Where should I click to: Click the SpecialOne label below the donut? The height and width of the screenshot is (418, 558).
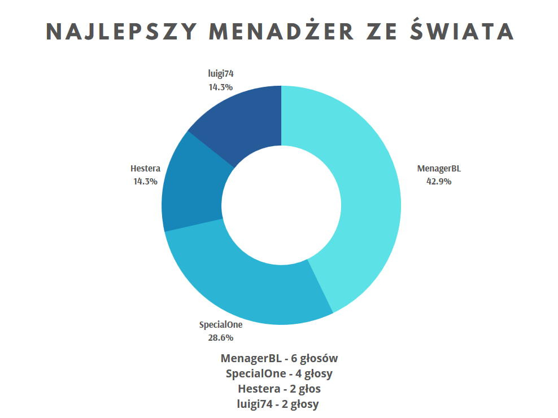tap(220, 325)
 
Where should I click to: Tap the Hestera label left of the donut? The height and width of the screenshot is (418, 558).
tap(145, 168)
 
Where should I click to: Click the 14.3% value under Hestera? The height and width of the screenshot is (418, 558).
tap(145, 181)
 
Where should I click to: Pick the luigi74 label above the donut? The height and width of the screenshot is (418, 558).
tap(220, 74)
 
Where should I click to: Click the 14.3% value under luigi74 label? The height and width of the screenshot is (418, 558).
tap(220, 87)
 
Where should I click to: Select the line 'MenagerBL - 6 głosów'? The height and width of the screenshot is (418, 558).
tap(279, 358)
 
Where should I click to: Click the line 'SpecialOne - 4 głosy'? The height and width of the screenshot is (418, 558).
tap(279, 373)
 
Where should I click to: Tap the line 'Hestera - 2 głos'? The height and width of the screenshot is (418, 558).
tap(279, 389)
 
